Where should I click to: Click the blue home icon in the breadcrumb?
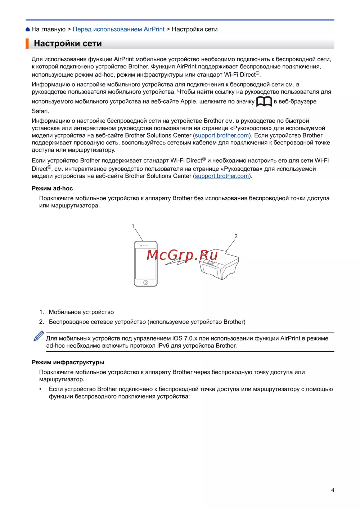click(28, 30)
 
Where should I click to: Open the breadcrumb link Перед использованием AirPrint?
click(118, 30)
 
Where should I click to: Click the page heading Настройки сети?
click(68, 44)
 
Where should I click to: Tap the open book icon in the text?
click(264, 102)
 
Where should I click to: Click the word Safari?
click(40, 111)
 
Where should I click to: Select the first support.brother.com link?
click(222, 136)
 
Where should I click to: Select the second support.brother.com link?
click(222, 176)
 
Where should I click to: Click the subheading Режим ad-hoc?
click(52, 189)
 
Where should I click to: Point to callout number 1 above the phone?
click(133, 226)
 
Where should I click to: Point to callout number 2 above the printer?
click(236, 237)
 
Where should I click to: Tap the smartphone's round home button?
click(146, 283)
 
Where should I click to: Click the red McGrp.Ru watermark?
click(182, 255)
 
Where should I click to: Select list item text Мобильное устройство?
click(81, 312)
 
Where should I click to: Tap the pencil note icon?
click(39, 336)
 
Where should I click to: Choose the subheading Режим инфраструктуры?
click(68, 362)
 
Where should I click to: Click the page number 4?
click(333, 490)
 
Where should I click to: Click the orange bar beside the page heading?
click(27, 44)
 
